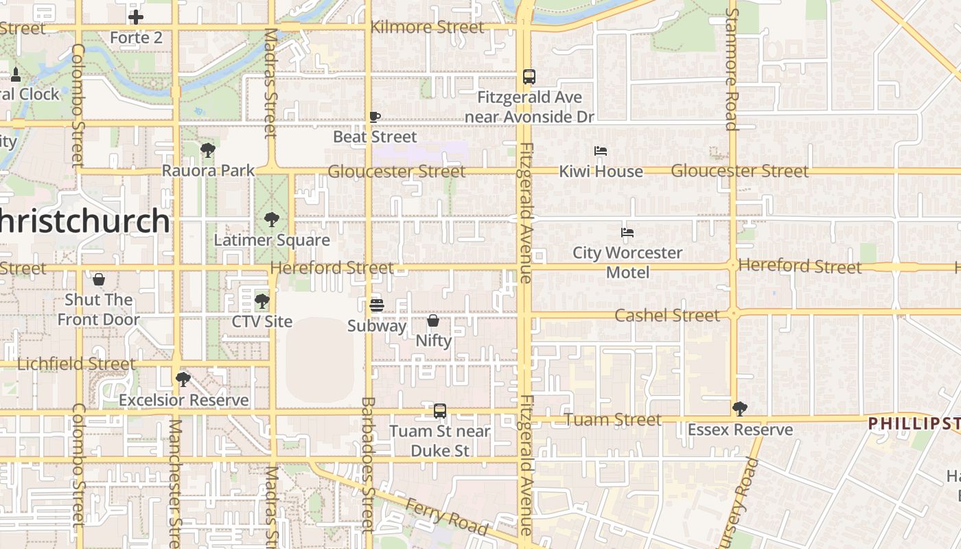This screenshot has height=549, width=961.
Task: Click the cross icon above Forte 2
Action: pyautogui.click(x=136, y=17)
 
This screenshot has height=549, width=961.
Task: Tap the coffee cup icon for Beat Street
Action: pyautogui.click(x=374, y=117)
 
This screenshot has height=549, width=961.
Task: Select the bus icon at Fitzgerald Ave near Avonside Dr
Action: pyautogui.click(x=529, y=77)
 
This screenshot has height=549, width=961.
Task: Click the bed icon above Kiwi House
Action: pyautogui.click(x=601, y=151)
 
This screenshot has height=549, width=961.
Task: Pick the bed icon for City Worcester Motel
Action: pyautogui.click(x=627, y=233)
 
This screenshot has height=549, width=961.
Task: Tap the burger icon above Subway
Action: pyautogui.click(x=376, y=305)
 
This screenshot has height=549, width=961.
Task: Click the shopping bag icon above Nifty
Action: pyautogui.click(x=433, y=320)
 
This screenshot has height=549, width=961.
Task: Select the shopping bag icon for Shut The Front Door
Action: pyautogui.click(x=99, y=279)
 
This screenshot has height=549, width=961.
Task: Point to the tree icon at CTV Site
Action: pyautogui.click(x=262, y=301)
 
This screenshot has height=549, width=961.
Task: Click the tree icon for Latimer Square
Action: pyautogui.click(x=272, y=220)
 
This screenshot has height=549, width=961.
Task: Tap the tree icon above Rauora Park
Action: pyautogui.click(x=208, y=150)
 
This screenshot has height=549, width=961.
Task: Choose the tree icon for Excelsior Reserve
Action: pyautogui.click(x=183, y=379)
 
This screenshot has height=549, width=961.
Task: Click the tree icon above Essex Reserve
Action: pyautogui.click(x=739, y=409)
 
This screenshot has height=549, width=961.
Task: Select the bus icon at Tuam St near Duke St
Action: pyautogui.click(x=440, y=411)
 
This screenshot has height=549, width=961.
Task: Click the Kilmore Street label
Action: pyautogui.click(x=427, y=27)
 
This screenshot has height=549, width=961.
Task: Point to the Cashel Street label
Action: pyautogui.click(x=667, y=315)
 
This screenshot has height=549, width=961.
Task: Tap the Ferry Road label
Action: pyautogui.click(x=446, y=517)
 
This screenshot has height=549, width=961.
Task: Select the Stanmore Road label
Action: pyautogui.click(x=732, y=69)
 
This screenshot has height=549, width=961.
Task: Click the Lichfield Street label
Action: pyautogui.click(x=76, y=364)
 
